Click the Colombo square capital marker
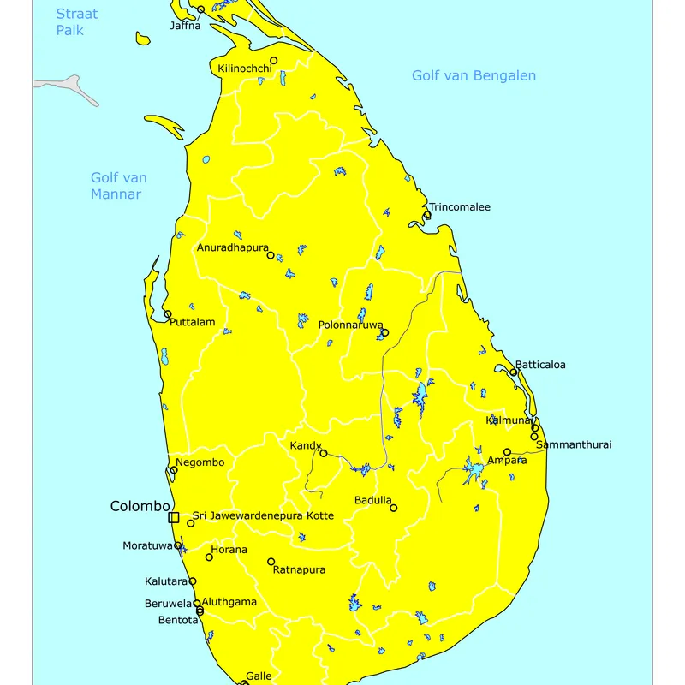pos(174,517)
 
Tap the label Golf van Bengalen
pos(474,75)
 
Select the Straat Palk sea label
pos(77,22)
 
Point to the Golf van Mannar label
pos(119,186)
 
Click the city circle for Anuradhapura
pos(271,255)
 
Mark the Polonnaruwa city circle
pos(384,332)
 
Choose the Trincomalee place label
pos(460,207)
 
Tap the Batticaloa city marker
pos(514,372)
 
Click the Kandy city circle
pos(324,453)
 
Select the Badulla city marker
pos(394,508)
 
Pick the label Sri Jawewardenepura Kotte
pos(263,515)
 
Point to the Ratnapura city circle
pos(271,563)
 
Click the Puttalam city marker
pos(168,314)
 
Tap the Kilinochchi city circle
pos(274,61)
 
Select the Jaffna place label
pos(186,26)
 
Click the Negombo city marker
pos(174,469)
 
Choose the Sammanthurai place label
pos(574,445)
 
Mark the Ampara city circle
pos(507,452)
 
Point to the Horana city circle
pos(209,557)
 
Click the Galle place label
pos(259,676)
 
